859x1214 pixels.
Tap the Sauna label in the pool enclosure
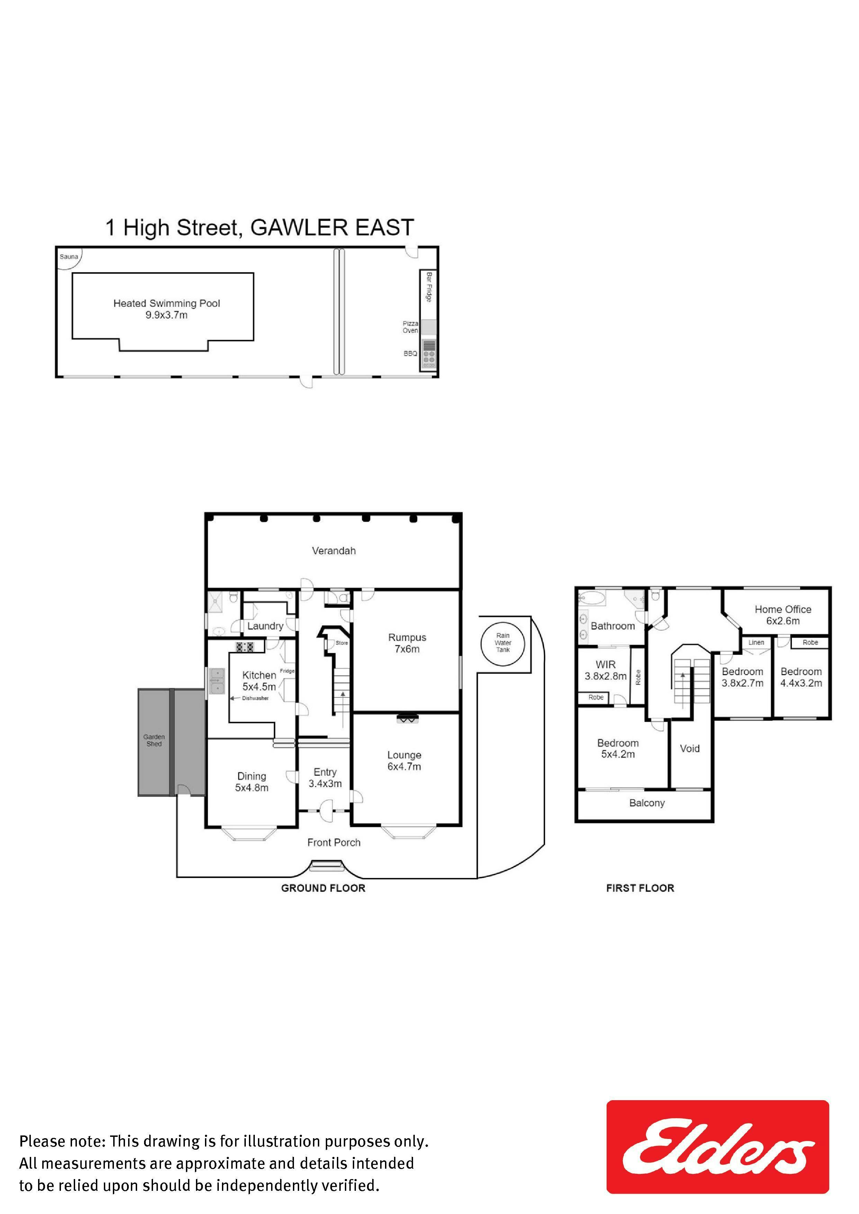click(69, 257)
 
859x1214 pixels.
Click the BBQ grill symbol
click(429, 353)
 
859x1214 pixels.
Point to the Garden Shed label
click(154, 740)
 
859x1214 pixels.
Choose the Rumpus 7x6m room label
click(407, 643)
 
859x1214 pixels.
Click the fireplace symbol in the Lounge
click(407, 718)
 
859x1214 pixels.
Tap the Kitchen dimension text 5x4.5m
click(259, 687)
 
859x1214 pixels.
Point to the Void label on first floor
click(690, 748)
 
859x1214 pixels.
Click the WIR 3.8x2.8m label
click(606, 670)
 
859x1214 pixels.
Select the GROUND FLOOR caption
click(323, 888)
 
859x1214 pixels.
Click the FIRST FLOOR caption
click(641, 888)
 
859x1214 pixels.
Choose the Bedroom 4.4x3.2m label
click(801, 677)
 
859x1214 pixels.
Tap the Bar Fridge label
click(429, 287)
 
